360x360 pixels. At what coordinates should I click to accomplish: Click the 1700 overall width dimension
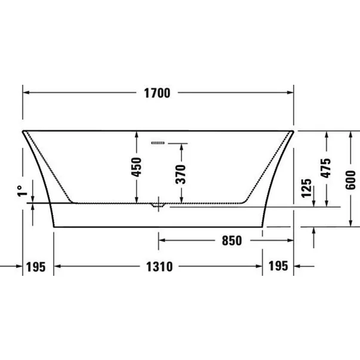158,93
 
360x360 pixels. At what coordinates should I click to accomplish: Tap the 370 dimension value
181,174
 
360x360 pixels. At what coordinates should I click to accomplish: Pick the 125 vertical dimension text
307,188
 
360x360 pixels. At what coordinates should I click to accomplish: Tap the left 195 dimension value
36,267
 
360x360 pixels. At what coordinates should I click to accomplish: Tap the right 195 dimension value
278,267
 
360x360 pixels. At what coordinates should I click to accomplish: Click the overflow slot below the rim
159,143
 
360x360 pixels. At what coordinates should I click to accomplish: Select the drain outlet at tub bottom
158,205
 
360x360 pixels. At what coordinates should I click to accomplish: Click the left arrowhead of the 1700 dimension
26,93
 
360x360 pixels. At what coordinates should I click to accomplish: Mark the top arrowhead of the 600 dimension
349,133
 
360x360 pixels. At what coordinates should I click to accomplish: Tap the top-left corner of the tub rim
23,130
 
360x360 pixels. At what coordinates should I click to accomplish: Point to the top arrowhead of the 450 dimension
137,133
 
